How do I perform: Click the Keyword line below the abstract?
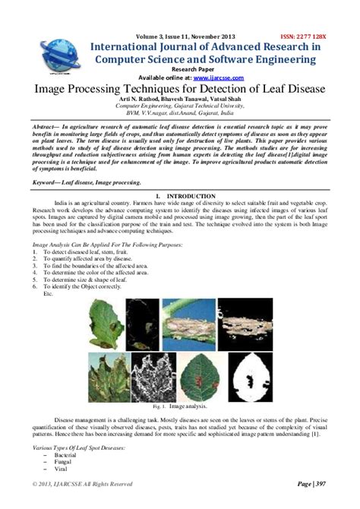(x=88, y=184)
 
